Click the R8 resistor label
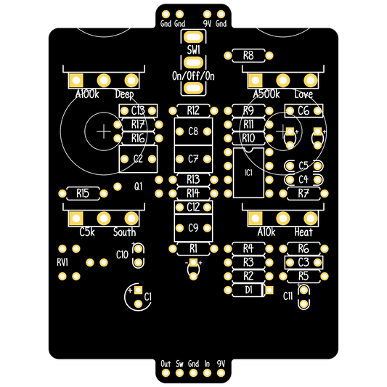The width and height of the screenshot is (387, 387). click(248, 55)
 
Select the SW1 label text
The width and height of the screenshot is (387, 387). click(193, 49)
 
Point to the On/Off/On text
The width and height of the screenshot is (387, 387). click(193, 76)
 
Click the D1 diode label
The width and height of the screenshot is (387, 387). click(249, 290)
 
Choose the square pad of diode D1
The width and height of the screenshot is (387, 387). click(269, 290)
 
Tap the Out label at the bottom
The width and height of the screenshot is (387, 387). click(166, 364)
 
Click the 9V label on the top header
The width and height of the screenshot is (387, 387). click(208, 24)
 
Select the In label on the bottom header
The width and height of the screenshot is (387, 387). click(207, 364)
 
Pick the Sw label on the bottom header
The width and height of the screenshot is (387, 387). click(179, 364)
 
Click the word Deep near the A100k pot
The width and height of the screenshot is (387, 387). click(125, 94)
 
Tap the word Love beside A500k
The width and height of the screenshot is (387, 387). click(304, 94)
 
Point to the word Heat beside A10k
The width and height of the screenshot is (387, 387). click(304, 232)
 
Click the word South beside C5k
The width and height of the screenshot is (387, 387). click(125, 232)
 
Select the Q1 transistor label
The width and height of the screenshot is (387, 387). click(139, 187)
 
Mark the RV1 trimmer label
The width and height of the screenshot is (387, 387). click(62, 262)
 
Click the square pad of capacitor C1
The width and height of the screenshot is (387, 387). click(139, 290)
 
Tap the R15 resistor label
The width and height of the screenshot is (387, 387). click(83, 193)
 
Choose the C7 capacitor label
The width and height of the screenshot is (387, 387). click(193, 159)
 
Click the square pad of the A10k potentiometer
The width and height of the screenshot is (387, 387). click(255, 218)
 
